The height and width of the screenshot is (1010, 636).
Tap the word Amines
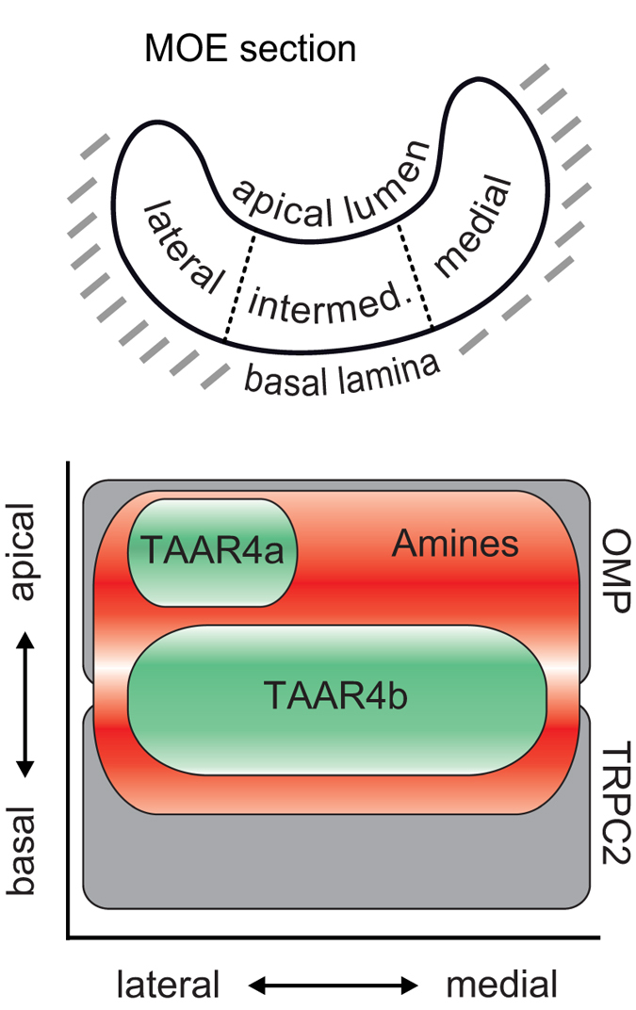[x=456, y=544]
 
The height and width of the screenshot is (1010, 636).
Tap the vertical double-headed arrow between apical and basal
[x=25, y=702]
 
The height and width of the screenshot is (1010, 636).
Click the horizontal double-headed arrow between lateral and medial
[x=334, y=986]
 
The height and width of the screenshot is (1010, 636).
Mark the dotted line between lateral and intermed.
[x=238, y=287]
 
